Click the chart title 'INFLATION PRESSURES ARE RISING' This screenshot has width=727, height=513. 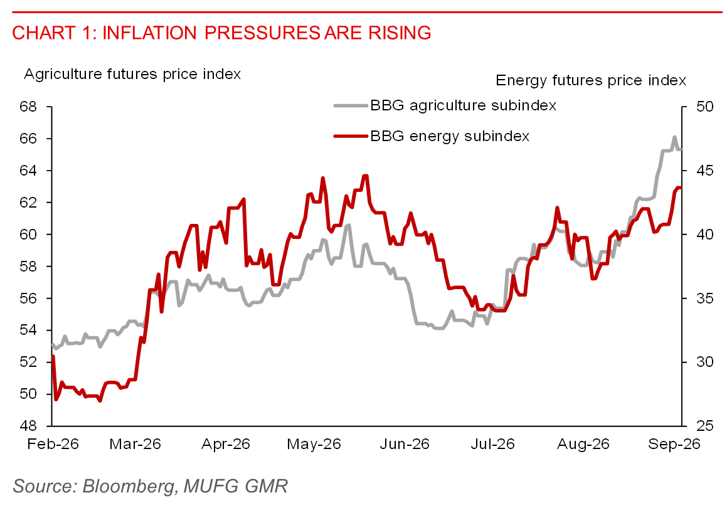267,33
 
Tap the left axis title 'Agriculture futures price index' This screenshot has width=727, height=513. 132,74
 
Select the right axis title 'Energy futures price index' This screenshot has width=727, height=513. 591,80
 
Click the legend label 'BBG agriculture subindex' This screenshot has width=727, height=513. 463,105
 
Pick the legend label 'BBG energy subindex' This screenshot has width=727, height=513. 450,136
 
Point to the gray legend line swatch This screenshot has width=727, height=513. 351,105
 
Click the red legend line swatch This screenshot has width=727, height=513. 351,136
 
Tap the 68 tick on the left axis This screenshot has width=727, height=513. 28,107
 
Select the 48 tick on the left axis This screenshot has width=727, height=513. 28,425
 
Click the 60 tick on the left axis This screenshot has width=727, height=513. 28,234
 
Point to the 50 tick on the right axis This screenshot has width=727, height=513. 705,107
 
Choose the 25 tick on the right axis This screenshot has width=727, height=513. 705,425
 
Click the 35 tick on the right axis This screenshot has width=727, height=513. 705,298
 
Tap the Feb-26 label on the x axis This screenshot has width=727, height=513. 53,444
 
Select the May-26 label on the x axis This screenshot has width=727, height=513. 314,444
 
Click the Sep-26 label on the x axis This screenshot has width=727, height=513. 674,444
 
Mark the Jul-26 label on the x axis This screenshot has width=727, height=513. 493,444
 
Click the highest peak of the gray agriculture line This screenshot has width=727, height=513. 674,137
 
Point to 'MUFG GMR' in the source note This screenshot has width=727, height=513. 235,486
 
